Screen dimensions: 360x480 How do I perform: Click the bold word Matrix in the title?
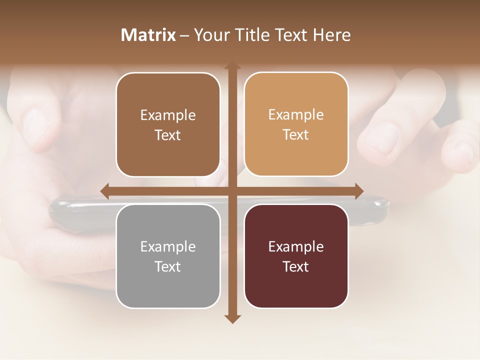coord(148,35)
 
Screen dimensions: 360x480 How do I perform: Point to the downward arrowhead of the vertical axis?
coord(231,318)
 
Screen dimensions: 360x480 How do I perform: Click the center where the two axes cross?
coord(231,191)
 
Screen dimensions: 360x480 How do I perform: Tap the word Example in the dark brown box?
coord(168,115)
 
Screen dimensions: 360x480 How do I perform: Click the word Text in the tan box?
coord(296,135)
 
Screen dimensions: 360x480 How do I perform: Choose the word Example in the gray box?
coord(168,246)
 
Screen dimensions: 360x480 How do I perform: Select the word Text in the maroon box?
coord(296,266)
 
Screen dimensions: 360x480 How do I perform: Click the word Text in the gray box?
coord(168,266)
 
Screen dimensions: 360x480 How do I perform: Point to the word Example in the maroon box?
coord(296,246)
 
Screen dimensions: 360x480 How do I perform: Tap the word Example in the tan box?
coord(296,115)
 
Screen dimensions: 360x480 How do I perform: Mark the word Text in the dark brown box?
coord(168,135)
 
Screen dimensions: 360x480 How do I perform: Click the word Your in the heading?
coord(207,35)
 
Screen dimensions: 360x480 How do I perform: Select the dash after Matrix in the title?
coord(184,35)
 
